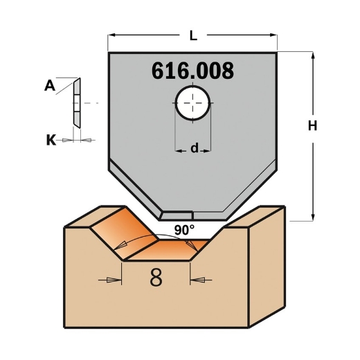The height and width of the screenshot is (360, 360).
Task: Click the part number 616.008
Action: coord(192,71)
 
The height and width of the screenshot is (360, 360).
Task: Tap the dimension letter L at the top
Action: coord(192,33)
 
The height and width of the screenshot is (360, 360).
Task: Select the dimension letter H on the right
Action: coord(312,126)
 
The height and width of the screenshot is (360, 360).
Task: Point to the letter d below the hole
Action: coord(195,148)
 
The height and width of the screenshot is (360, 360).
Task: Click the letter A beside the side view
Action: coord(50,86)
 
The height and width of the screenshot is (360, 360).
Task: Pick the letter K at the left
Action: coord(51,140)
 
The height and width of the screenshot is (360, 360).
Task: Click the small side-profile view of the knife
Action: coord(76,102)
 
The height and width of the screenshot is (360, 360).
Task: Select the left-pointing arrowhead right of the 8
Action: coord(196,279)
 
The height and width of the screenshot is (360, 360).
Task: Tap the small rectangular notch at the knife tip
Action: coord(181,215)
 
